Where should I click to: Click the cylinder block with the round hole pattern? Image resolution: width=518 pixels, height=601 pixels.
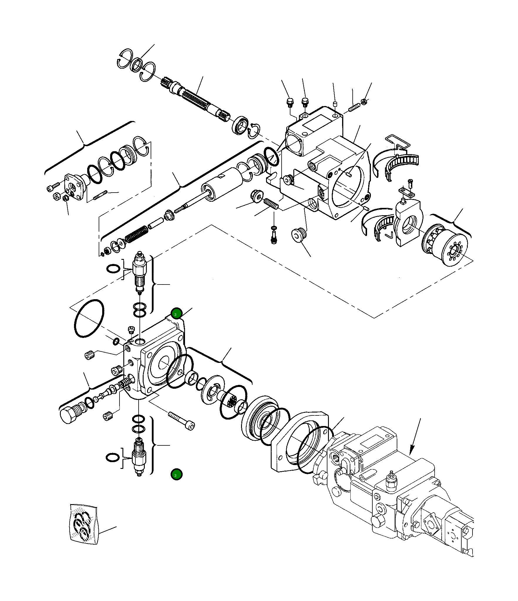445,245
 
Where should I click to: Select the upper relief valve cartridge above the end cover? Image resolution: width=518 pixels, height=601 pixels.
139,271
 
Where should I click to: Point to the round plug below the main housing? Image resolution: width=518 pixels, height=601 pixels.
299,235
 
